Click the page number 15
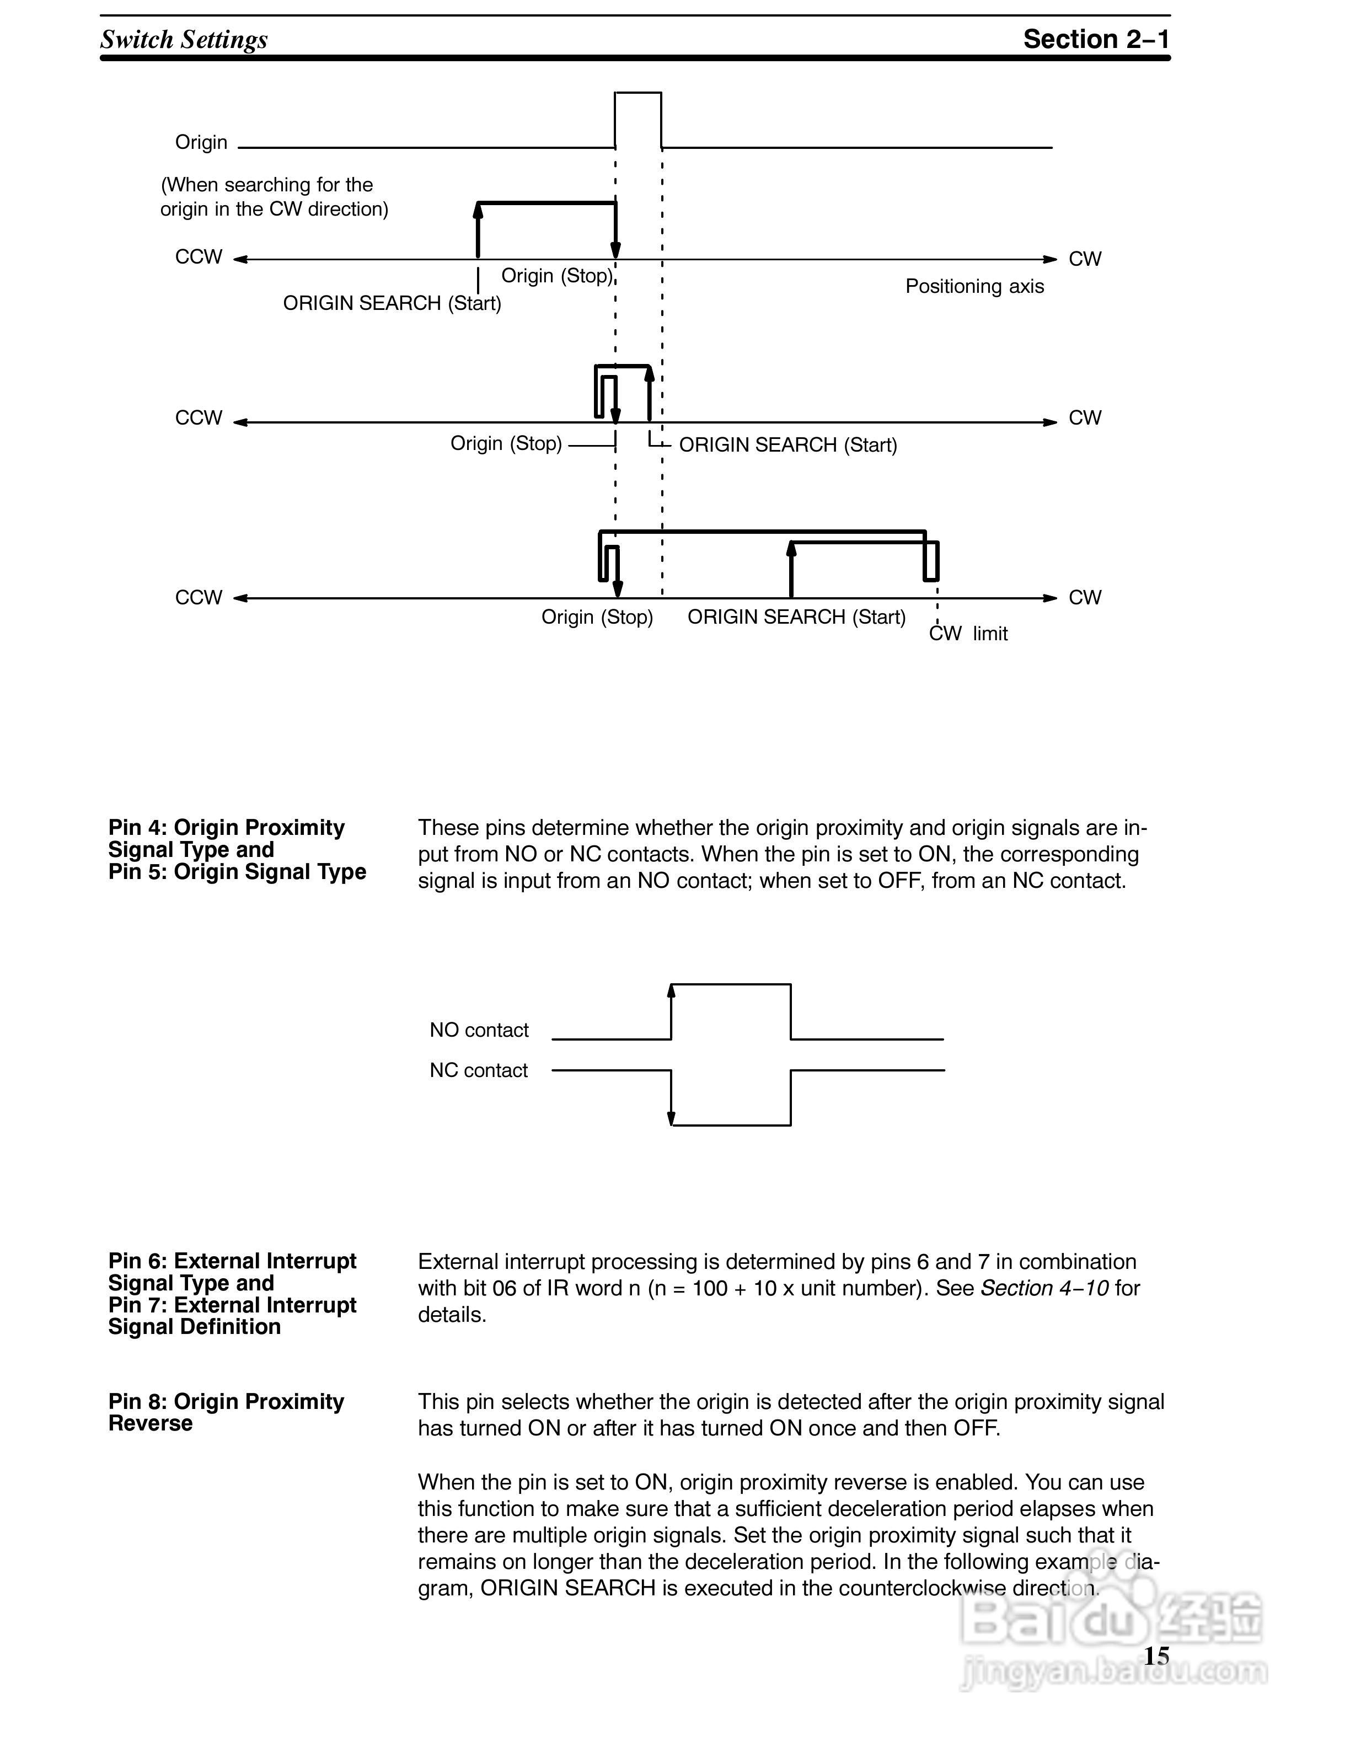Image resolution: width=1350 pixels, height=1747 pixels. click(1156, 1656)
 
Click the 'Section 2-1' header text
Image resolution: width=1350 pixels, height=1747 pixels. click(1096, 39)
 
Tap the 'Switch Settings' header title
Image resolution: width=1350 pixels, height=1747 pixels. click(184, 39)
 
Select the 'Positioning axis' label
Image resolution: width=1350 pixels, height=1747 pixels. click(974, 286)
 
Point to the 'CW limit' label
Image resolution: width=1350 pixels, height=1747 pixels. click(968, 634)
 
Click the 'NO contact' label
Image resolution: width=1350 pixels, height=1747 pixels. click(479, 1030)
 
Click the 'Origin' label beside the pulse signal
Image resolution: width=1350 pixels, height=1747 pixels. click(201, 142)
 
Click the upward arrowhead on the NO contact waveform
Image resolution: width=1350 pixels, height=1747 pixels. click(671, 991)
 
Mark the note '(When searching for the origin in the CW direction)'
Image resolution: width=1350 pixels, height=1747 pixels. click(274, 197)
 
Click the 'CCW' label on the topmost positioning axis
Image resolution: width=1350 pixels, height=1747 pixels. click(199, 257)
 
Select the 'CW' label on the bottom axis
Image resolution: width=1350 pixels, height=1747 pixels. click(1085, 598)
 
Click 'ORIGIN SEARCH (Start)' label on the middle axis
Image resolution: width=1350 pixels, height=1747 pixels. click(787, 445)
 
